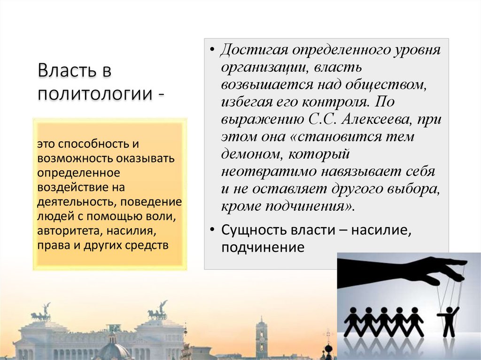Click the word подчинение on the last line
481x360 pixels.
point(263,247)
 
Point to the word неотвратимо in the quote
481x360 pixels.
point(267,171)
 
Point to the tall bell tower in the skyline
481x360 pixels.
point(261,336)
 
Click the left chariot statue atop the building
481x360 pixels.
point(42,314)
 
